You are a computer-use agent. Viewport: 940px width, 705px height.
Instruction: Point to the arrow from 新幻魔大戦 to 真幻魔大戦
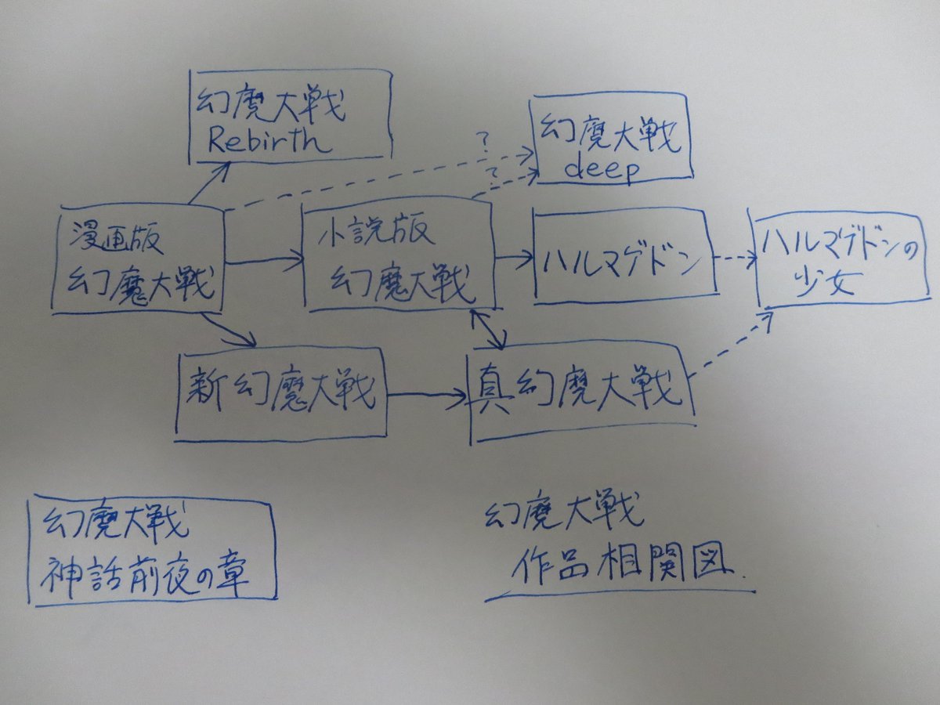(428, 399)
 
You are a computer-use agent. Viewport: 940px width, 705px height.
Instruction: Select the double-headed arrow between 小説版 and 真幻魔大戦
(490, 327)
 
